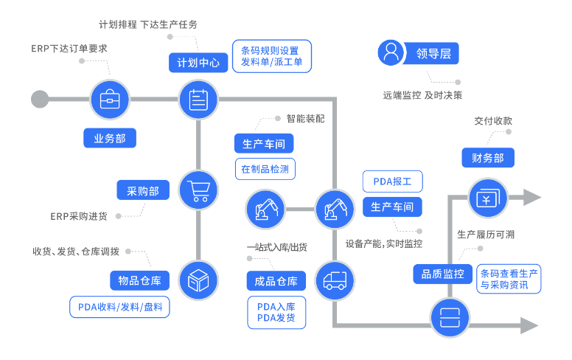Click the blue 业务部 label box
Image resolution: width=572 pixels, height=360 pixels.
tap(110, 138)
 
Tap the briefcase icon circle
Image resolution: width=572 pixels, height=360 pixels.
tap(110, 99)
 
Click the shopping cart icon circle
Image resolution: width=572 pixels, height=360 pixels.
tap(199, 191)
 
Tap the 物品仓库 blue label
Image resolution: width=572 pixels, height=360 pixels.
tap(139, 280)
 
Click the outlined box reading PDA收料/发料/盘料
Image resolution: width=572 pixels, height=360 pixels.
tap(120, 307)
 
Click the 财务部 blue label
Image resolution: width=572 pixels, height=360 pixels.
tap(488, 158)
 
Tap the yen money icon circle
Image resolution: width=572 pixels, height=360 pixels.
tap(489, 198)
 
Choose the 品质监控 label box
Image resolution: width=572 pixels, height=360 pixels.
tap(442, 274)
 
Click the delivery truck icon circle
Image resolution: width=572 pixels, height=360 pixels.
tap(335, 280)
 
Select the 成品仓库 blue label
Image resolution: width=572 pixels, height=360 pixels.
tap(276, 281)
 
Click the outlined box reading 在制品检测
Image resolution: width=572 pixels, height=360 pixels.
tap(265, 169)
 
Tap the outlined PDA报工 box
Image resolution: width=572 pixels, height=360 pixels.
tap(392, 181)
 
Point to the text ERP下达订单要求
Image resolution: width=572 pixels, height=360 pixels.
tap(70, 49)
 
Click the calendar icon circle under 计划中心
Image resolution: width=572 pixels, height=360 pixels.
tap(199, 99)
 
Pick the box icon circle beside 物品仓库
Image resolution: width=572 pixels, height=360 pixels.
tap(199, 280)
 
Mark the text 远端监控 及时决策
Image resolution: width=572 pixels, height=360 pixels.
tap(422, 95)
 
